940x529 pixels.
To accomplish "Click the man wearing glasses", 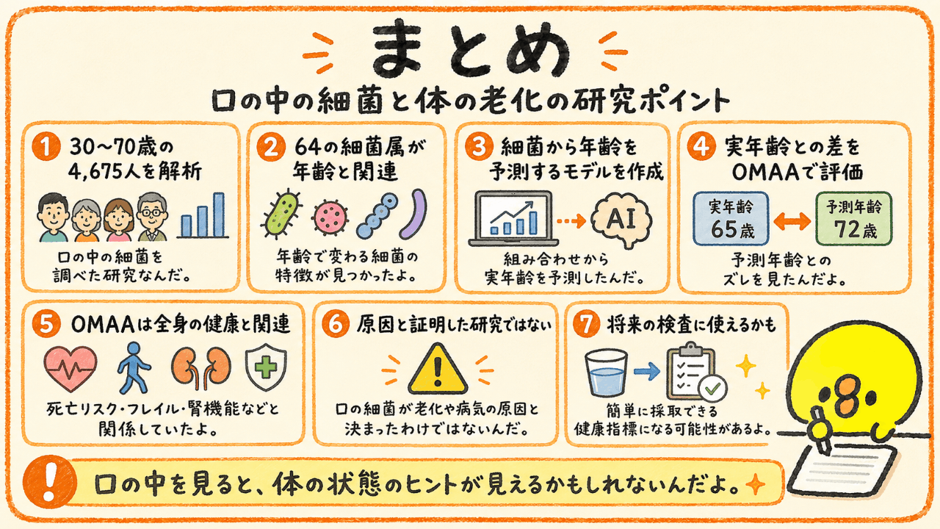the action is (x=152, y=217).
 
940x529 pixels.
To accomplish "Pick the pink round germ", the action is (x=330, y=217).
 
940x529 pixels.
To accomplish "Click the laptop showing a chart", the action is (x=513, y=218).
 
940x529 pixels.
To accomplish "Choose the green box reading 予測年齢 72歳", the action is (x=853, y=219).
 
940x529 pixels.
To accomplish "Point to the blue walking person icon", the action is (x=134, y=367).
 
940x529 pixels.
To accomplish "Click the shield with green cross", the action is (x=266, y=367).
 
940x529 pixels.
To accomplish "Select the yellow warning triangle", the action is (x=438, y=370).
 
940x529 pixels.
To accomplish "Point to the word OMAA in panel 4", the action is (x=765, y=172).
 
